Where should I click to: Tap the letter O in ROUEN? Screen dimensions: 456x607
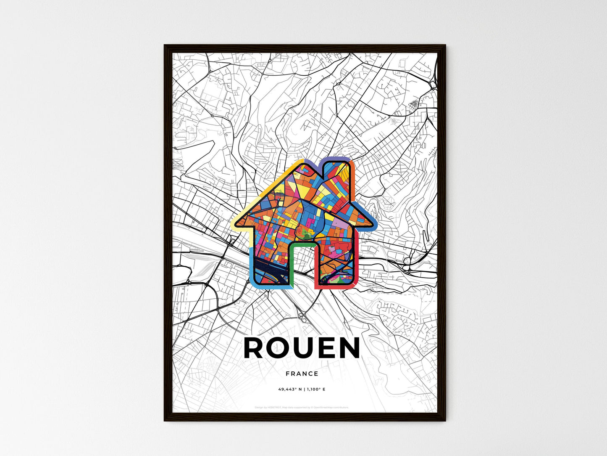(281, 348)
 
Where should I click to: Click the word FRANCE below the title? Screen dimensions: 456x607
(302, 374)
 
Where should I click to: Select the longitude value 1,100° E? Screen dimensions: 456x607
(315, 389)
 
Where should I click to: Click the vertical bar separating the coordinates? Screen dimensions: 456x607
(306, 389)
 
